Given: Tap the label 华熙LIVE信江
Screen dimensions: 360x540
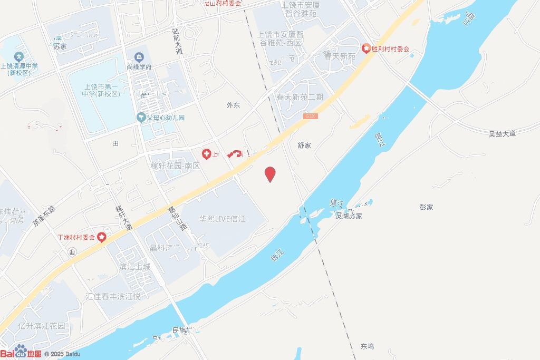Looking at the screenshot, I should click(223, 219).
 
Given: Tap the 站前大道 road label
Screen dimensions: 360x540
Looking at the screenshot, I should click(177, 42).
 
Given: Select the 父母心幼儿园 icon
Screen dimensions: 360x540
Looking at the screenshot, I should click(141, 118).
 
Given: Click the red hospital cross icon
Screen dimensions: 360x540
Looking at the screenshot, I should click(207, 154).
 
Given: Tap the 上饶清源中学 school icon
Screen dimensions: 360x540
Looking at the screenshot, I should click(20, 56).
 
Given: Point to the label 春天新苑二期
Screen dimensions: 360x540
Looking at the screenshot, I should click(300, 97).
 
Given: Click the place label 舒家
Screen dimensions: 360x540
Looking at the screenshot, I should click(304, 145).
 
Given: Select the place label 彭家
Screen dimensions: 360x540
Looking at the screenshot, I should click(426, 207).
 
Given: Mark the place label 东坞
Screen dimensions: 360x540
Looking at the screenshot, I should click(367, 346).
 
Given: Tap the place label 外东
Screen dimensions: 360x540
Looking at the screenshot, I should click(233, 105).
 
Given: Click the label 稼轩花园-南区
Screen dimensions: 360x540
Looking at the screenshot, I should click(175, 166).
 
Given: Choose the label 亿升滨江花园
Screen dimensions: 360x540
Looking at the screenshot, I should click(42, 326).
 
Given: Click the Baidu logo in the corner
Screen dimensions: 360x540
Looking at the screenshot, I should click(21, 352).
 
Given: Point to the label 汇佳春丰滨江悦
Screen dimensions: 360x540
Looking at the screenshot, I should click(113, 297).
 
